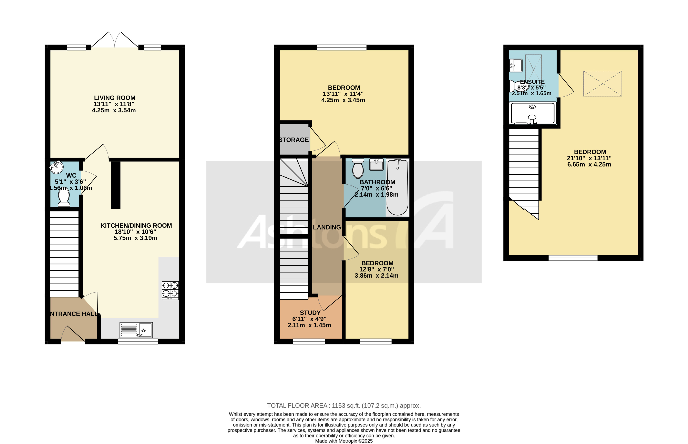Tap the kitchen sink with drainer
136,330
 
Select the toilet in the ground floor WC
64,197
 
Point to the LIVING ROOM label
114,98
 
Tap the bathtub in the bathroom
397,187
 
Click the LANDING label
327,227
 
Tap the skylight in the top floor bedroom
602,84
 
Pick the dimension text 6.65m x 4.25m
589,164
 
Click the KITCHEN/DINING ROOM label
136,225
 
